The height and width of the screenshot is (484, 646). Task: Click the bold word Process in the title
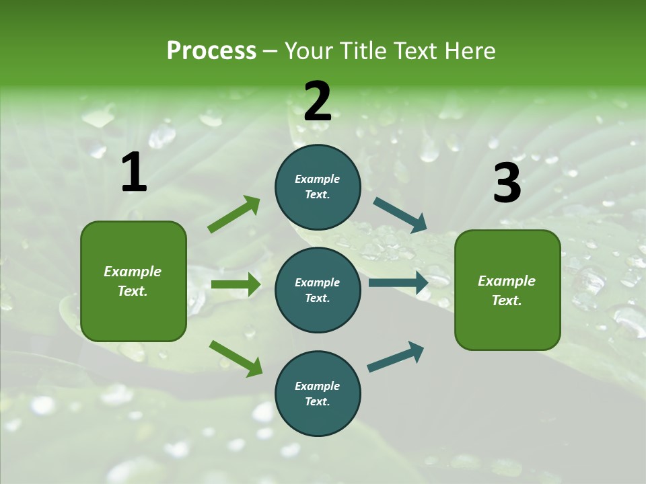point(211,51)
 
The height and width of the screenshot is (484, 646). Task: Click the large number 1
point(134,173)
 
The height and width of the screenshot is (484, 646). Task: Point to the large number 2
point(318,102)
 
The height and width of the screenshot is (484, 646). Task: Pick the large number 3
point(507,184)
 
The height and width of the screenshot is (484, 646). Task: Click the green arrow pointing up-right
point(234,214)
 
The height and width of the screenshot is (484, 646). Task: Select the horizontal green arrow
point(236,284)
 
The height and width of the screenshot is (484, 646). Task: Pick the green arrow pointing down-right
point(236,358)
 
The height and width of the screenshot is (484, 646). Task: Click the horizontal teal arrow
point(398,283)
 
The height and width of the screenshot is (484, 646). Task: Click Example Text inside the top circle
point(318,187)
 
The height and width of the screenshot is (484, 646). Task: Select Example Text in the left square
point(133,281)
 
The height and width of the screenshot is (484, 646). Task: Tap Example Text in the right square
point(507,290)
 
